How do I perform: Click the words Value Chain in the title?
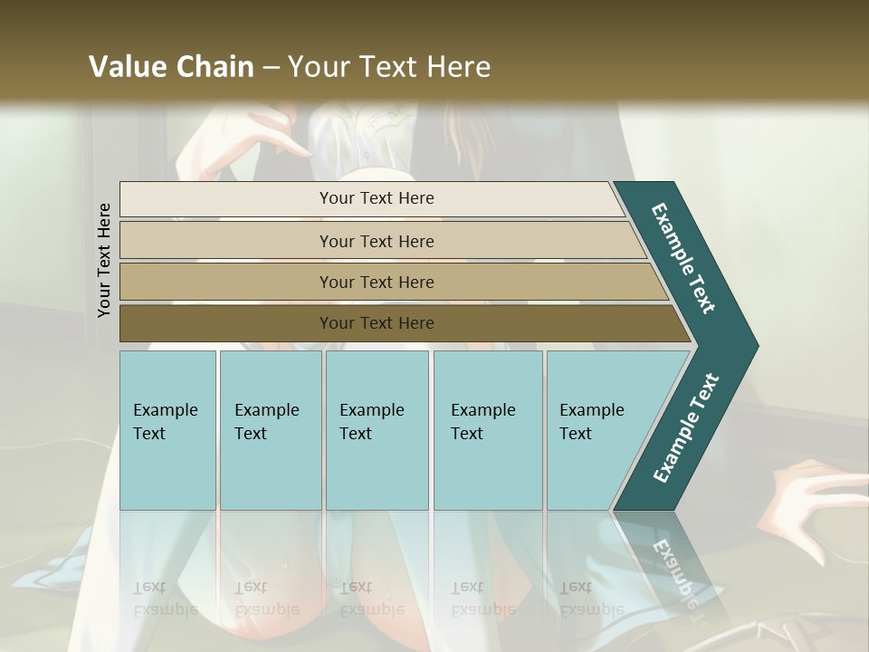pyautogui.click(x=171, y=67)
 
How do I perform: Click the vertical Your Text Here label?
pyautogui.click(x=104, y=260)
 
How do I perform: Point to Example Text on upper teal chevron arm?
pyautogui.click(x=683, y=257)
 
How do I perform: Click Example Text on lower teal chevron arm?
pyautogui.click(x=686, y=428)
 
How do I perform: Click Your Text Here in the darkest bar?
pyautogui.click(x=377, y=323)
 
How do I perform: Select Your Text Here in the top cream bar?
pyautogui.click(x=377, y=198)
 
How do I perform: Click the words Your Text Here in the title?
pyautogui.click(x=389, y=67)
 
